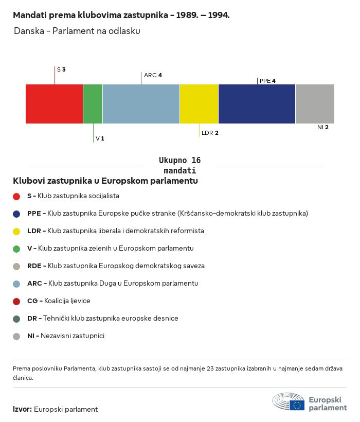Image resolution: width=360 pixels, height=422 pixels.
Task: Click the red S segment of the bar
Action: (54, 104)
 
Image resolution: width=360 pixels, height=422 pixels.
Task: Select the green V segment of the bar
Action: (93, 104)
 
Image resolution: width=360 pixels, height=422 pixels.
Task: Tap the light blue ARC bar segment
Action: (141, 104)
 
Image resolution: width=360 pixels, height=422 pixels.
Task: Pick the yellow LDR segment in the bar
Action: (199, 104)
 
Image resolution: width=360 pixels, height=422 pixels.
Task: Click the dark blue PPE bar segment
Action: (257, 104)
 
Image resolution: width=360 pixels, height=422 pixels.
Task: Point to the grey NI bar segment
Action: (315, 104)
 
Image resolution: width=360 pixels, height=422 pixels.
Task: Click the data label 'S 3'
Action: (61, 69)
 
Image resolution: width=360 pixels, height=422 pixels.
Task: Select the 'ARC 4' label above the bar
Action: (153, 75)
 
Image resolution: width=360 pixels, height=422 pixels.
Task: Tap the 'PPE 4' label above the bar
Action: (267, 81)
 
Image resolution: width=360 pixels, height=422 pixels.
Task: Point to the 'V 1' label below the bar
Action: (100, 139)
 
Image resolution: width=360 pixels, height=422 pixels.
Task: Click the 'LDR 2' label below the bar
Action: (210, 133)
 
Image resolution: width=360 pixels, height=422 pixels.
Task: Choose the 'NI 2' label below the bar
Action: (323, 127)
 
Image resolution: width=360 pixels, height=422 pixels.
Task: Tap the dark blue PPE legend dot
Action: (16, 214)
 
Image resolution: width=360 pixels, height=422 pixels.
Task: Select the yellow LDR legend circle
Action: (16, 231)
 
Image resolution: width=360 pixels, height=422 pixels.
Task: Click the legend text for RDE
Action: (116, 266)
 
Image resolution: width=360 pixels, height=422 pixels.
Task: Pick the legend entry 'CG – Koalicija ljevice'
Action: (59, 301)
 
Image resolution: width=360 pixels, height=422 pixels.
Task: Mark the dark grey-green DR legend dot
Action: (16, 319)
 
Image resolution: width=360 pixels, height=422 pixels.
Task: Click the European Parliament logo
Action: (309, 401)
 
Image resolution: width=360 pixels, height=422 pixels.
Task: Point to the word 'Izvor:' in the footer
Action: (23, 410)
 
